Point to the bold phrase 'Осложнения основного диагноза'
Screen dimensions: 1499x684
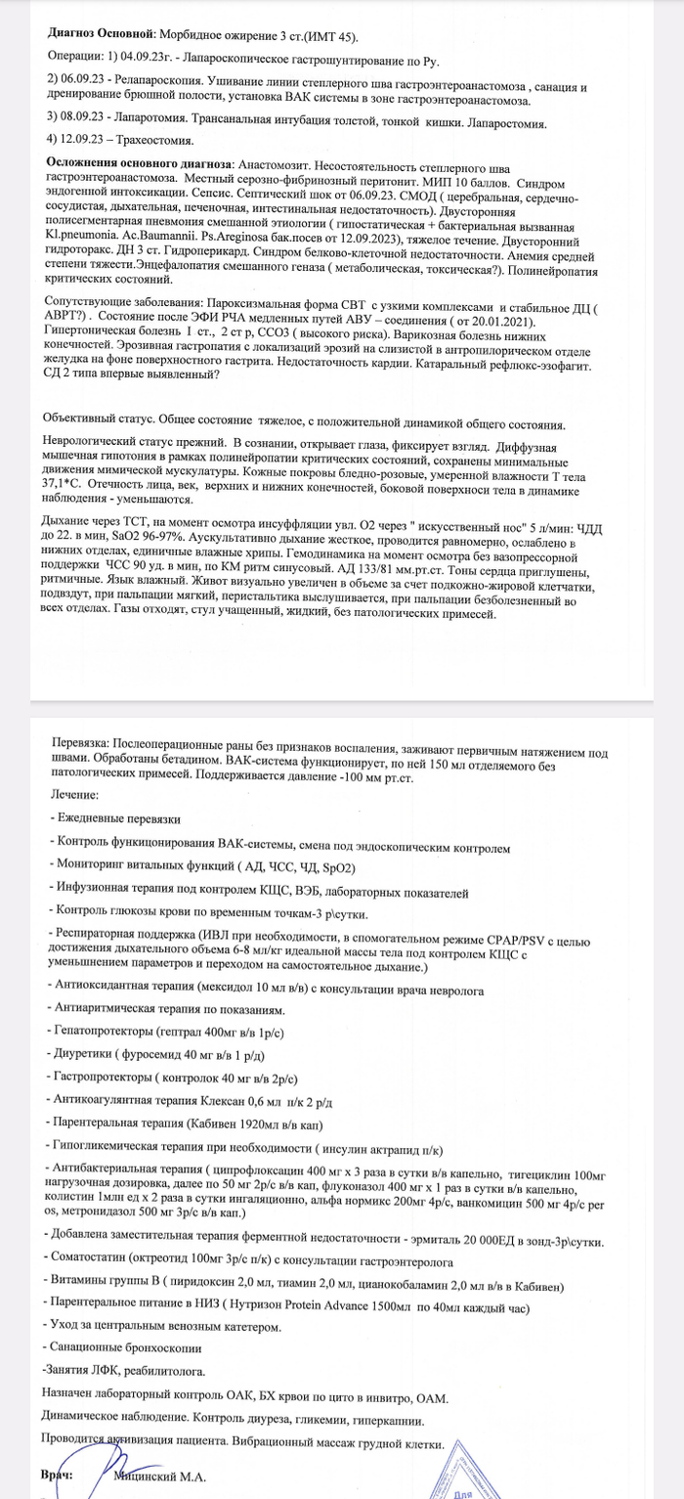(140, 161)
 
